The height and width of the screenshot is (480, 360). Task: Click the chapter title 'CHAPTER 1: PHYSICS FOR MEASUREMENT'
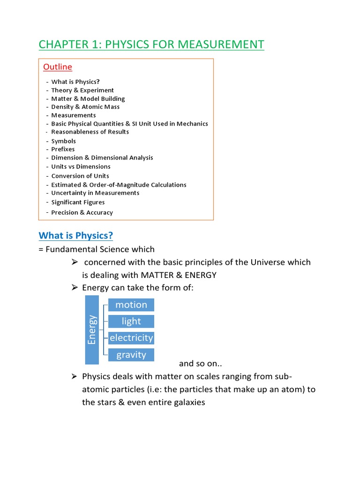coord(151,45)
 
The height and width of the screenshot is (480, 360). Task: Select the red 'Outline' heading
coord(58,67)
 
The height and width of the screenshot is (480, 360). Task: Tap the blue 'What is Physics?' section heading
coord(76,235)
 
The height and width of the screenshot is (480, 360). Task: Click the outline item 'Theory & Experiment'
coord(82,90)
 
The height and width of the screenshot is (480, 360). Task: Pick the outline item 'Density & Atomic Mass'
coord(85,107)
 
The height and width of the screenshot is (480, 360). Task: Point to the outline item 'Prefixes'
coord(63,149)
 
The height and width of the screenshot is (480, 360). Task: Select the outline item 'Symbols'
coord(63,141)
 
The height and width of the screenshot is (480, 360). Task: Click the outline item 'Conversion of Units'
coord(80,176)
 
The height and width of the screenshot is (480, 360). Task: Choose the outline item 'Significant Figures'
coord(78,202)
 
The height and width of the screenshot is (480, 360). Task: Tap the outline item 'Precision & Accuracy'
coord(82,212)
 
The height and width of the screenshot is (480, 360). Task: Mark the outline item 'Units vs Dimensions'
coord(81,166)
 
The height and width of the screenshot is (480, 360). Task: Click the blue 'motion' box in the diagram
coord(131,305)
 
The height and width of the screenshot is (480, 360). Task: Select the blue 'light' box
coord(131,321)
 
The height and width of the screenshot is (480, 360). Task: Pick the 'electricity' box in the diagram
coord(131,337)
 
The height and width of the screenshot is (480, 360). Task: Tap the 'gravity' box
coord(131,354)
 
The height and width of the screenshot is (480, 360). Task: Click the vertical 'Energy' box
coord(92,330)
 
